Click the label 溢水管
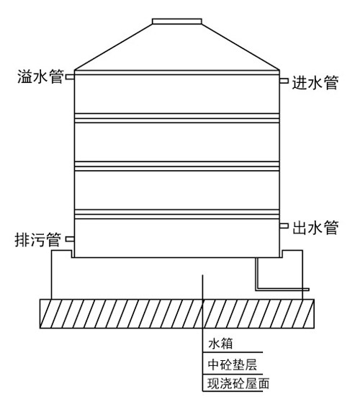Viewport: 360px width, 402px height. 40,76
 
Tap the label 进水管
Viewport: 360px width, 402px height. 315,83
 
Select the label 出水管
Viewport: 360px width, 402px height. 315,228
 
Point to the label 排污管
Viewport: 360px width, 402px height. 38,240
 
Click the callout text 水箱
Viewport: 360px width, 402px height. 220,344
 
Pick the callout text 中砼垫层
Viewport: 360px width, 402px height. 232,365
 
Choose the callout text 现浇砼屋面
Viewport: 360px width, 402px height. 238,383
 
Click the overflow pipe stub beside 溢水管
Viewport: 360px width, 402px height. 70,76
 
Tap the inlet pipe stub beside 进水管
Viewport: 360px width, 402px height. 284,81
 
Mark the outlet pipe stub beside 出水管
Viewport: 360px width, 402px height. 284,225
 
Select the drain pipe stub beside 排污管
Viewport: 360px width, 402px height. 70,239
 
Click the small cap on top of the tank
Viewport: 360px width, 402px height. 177,21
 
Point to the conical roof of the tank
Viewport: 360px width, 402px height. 177,47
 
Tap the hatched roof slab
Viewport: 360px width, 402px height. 177,313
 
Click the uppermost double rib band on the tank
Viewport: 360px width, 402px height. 177,118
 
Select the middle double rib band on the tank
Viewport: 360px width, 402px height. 177,166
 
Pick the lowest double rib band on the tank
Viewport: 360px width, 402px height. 177,214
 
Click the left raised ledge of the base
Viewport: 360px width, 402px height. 61,251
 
